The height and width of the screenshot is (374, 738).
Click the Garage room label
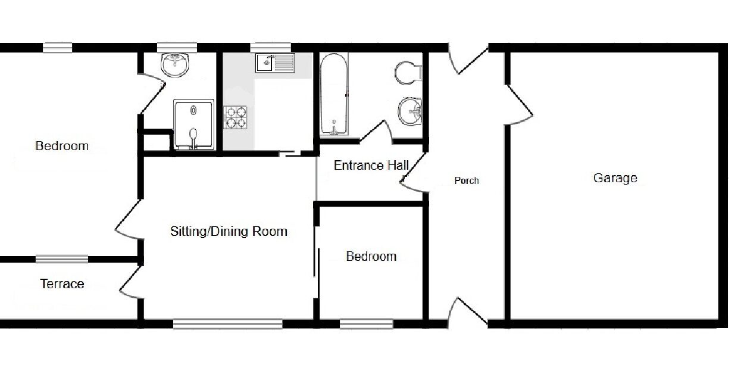coord(615,178)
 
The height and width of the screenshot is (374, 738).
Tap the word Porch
coord(467,180)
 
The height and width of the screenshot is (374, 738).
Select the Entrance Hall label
coord(371,165)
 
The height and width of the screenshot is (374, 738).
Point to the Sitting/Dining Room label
coord(229,231)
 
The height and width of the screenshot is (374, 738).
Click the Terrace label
coord(62,283)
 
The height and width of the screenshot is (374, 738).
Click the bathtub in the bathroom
coord(334,95)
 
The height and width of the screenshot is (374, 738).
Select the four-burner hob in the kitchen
coord(235,117)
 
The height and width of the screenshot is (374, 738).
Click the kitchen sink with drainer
coord(275,63)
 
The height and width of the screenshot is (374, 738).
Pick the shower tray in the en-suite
coord(194,124)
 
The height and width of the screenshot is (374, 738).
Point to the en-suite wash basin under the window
coord(175,65)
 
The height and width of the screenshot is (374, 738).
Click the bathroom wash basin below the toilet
coord(410,111)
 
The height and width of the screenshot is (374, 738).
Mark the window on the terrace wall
coord(62,259)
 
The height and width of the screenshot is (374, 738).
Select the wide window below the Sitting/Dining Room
coord(228,323)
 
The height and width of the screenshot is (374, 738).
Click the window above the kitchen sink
coord(270,48)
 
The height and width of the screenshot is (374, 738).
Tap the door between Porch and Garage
coord(519,105)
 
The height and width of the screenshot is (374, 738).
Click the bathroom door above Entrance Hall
coord(376,132)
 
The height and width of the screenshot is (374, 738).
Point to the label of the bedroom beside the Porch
coord(371,256)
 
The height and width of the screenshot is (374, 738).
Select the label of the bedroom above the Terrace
coord(62,146)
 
